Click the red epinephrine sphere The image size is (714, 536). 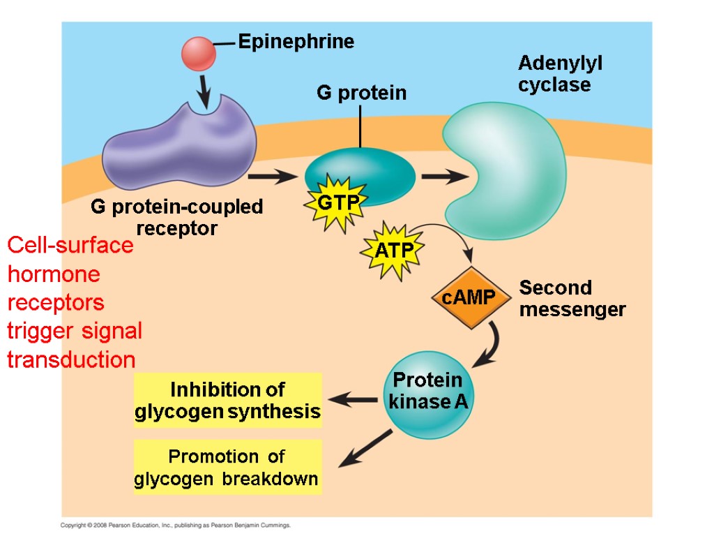(199, 53)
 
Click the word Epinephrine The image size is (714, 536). (296, 42)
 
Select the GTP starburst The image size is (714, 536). (338, 203)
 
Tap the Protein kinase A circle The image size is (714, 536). (427, 394)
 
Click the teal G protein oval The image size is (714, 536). (363, 171)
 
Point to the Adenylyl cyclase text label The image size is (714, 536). (560, 74)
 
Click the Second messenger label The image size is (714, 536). (572, 299)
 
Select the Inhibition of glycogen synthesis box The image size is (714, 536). (227, 400)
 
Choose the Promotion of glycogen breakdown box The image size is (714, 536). (227, 468)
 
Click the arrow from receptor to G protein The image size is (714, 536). (272, 177)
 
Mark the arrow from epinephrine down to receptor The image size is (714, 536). (204, 91)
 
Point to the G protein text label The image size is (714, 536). (361, 93)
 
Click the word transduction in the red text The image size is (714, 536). (71, 360)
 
